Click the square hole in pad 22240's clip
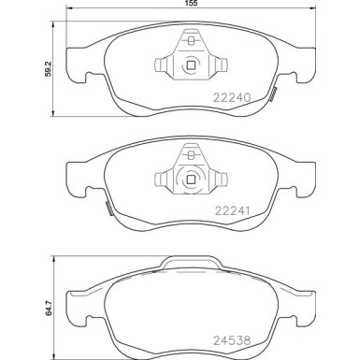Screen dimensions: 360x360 190,65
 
